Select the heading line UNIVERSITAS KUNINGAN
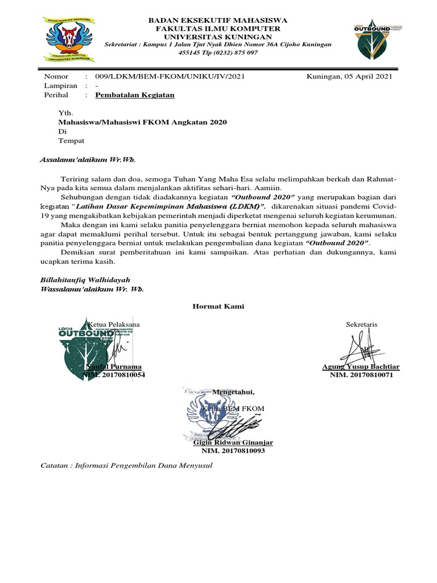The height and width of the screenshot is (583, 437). click(218, 36)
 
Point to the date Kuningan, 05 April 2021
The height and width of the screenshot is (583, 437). click(349, 76)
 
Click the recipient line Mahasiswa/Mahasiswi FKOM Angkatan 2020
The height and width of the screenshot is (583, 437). click(143, 122)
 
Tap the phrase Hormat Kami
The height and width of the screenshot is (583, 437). click(218, 306)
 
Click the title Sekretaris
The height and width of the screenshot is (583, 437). click(361, 325)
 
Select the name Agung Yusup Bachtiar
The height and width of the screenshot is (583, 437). click(361, 367)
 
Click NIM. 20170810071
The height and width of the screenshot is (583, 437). click(361, 375)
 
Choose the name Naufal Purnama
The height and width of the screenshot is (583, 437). click(113, 367)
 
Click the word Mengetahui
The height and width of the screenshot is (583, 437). click(234, 392)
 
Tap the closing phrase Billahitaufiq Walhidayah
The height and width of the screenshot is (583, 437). click(85, 280)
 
